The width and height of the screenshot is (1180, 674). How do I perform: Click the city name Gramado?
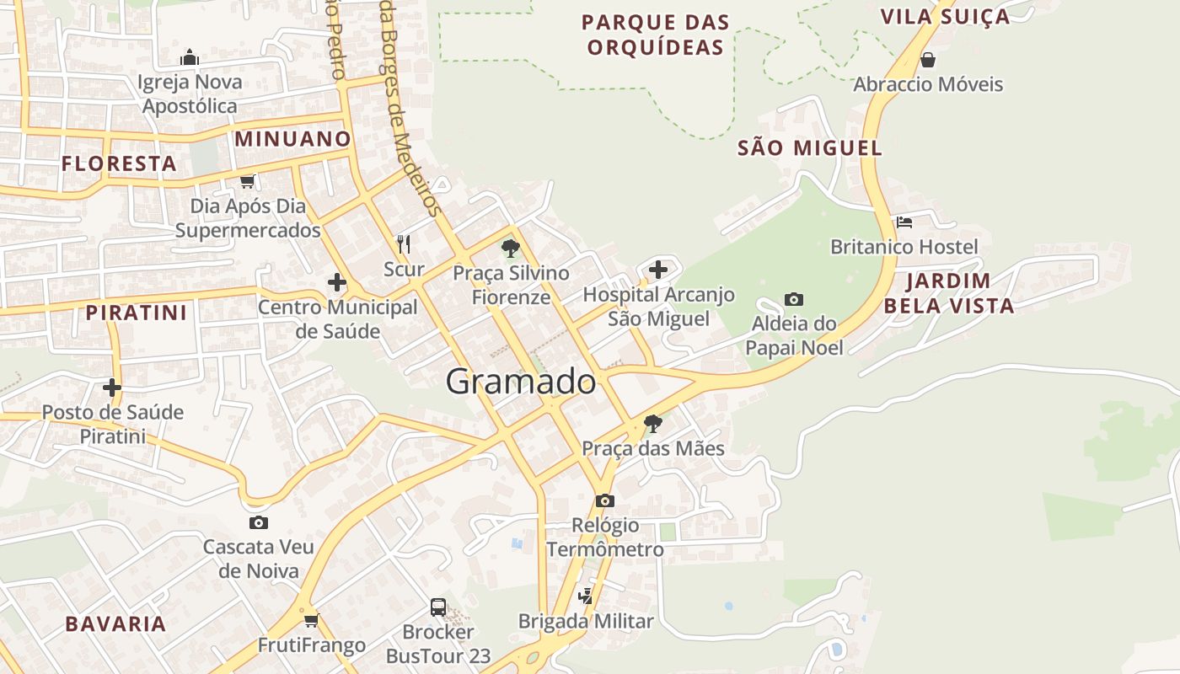(520, 382)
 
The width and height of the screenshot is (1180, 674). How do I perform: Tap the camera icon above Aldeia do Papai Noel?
(793, 299)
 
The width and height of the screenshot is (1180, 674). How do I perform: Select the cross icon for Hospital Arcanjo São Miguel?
(658, 270)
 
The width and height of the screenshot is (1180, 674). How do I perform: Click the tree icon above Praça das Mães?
(652, 423)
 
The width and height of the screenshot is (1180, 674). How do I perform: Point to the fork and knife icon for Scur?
(404, 244)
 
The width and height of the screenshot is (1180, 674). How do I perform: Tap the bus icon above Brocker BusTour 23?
(438, 607)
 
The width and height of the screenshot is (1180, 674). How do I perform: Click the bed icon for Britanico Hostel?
(904, 222)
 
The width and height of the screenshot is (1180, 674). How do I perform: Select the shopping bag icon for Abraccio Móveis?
(928, 60)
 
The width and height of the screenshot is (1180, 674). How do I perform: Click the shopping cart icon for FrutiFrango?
(311, 621)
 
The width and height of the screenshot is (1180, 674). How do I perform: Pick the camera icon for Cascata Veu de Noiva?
(259, 522)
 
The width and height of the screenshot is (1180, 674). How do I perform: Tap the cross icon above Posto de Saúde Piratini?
(111, 388)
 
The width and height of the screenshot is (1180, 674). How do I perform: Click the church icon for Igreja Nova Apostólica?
(190, 57)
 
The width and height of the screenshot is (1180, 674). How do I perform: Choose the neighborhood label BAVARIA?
(115, 624)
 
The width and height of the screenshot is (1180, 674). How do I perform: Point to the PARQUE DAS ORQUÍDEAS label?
(655, 35)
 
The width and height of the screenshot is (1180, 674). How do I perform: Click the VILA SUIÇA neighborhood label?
(945, 17)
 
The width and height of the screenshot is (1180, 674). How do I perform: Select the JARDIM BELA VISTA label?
(948, 293)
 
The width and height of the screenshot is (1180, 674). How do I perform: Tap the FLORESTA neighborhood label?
(119, 163)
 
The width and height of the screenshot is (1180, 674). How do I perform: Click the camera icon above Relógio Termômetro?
(604, 500)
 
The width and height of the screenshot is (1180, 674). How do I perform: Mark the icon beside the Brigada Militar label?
(585, 596)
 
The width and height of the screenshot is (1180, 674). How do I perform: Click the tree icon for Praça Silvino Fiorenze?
(510, 249)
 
